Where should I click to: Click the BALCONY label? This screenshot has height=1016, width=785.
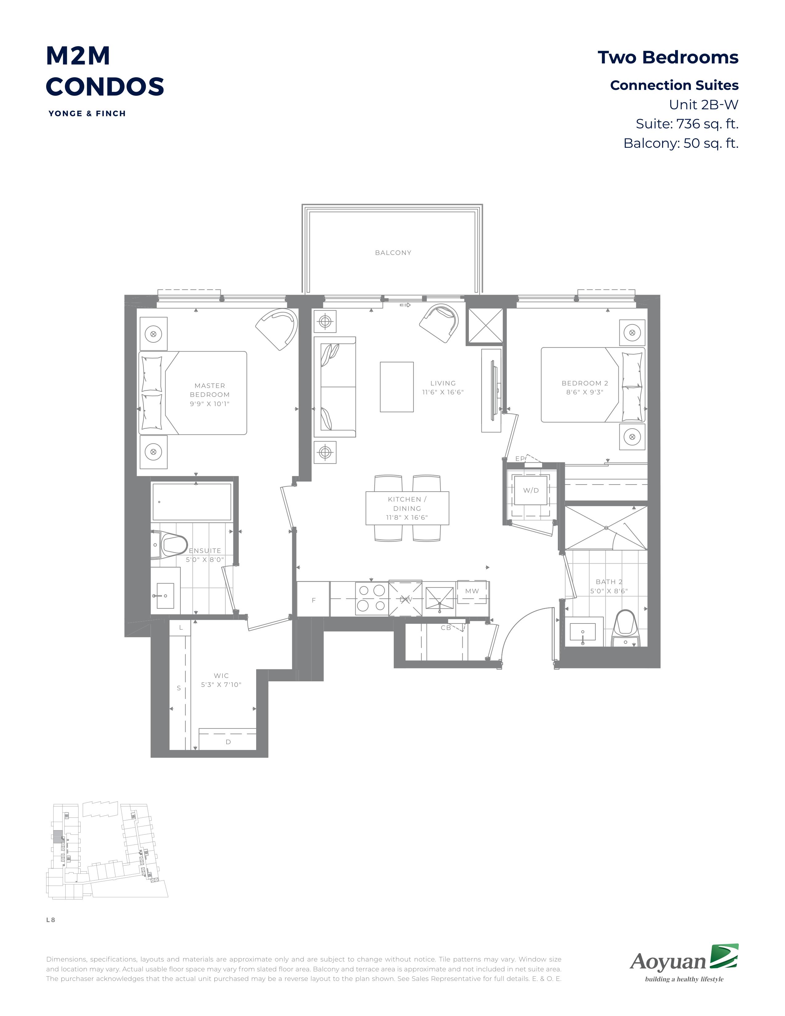pos(393,252)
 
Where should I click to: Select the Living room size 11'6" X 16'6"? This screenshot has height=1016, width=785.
pos(443,392)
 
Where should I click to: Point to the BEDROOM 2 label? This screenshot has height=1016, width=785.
pos(585,383)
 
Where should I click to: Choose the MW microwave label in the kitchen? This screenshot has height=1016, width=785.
pos(472,591)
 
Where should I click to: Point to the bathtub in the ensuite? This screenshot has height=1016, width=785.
pos(191,502)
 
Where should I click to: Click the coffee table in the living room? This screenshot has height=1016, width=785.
pos(397,387)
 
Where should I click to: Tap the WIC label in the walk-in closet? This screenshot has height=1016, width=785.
pos(221,675)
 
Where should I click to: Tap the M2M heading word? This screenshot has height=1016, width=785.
pos(78,56)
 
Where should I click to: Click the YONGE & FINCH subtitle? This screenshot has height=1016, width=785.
pos(87,114)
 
